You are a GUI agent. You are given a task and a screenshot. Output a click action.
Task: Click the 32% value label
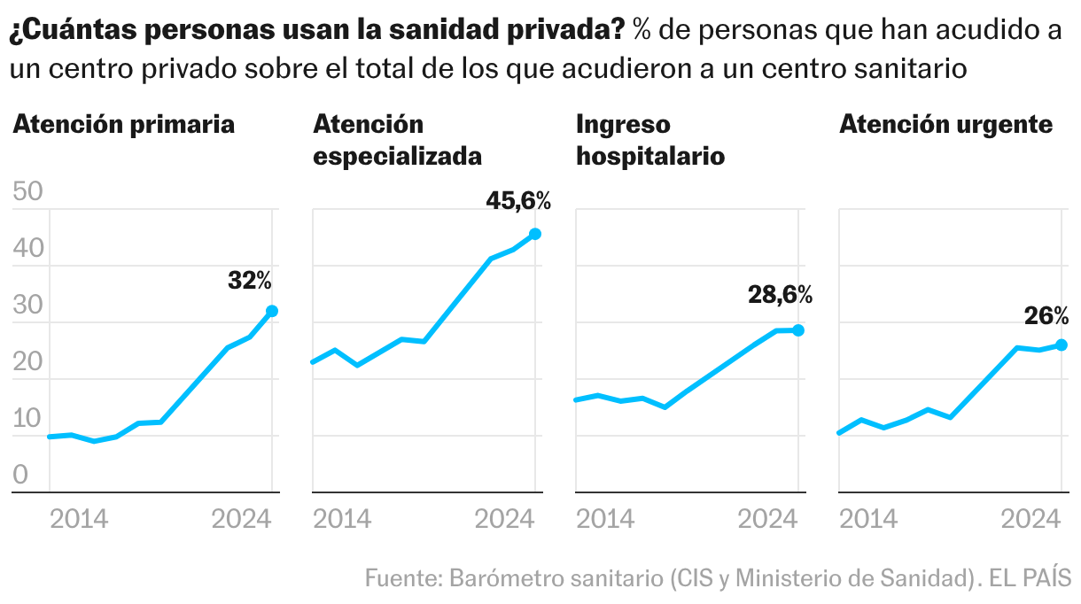click(x=250, y=280)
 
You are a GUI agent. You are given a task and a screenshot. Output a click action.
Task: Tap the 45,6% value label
click(x=518, y=201)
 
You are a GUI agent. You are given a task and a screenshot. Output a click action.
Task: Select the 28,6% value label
click(x=781, y=294)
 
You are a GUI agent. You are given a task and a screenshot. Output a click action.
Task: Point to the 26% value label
click(x=1046, y=316)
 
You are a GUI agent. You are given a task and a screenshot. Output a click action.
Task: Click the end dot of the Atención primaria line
click(x=272, y=311)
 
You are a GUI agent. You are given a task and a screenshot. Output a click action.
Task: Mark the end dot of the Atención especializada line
click(x=535, y=234)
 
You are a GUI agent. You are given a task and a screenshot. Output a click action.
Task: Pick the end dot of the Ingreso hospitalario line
click(x=798, y=330)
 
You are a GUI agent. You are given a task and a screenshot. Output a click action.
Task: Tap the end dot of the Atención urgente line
click(x=1062, y=345)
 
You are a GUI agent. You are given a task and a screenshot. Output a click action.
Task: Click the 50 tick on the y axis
click(x=28, y=191)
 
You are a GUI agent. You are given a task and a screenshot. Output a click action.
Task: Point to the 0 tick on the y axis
click(x=20, y=474)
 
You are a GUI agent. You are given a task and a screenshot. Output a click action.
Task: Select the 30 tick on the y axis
click(x=28, y=305)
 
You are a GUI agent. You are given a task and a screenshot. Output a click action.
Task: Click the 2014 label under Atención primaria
click(x=79, y=519)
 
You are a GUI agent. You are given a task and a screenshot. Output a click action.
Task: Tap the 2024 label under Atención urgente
click(x=1031, y=519)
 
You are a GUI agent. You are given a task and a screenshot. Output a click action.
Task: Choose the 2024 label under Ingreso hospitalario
click(x=768, y=519)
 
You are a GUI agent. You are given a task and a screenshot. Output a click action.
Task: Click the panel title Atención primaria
click(x=123, y=125)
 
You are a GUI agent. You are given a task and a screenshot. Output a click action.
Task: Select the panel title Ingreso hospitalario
click(x=650, y=141)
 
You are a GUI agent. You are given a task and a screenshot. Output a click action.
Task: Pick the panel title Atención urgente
click(x=946, y=125)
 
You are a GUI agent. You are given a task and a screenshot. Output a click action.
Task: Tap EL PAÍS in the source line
click(x=1030, y=577)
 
